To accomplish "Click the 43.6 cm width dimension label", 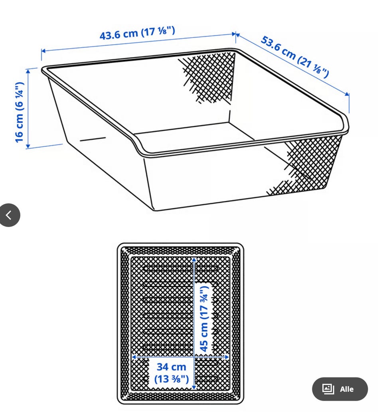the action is (x=137, y=33).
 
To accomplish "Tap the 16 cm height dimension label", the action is (x=20, y=112).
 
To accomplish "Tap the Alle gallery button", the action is (x=340, y=389).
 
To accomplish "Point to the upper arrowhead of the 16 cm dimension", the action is (x=28, y=71).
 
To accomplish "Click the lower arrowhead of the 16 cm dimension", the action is (x=28, y=146).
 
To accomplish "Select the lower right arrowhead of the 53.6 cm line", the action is (x=347, y=94).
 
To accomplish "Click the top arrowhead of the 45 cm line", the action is (x=194, y=261).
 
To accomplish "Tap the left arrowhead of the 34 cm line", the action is (x=134, y=357).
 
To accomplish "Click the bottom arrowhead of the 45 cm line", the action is (x=194, y=387).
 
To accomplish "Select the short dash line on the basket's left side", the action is (x=93, y=139).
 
